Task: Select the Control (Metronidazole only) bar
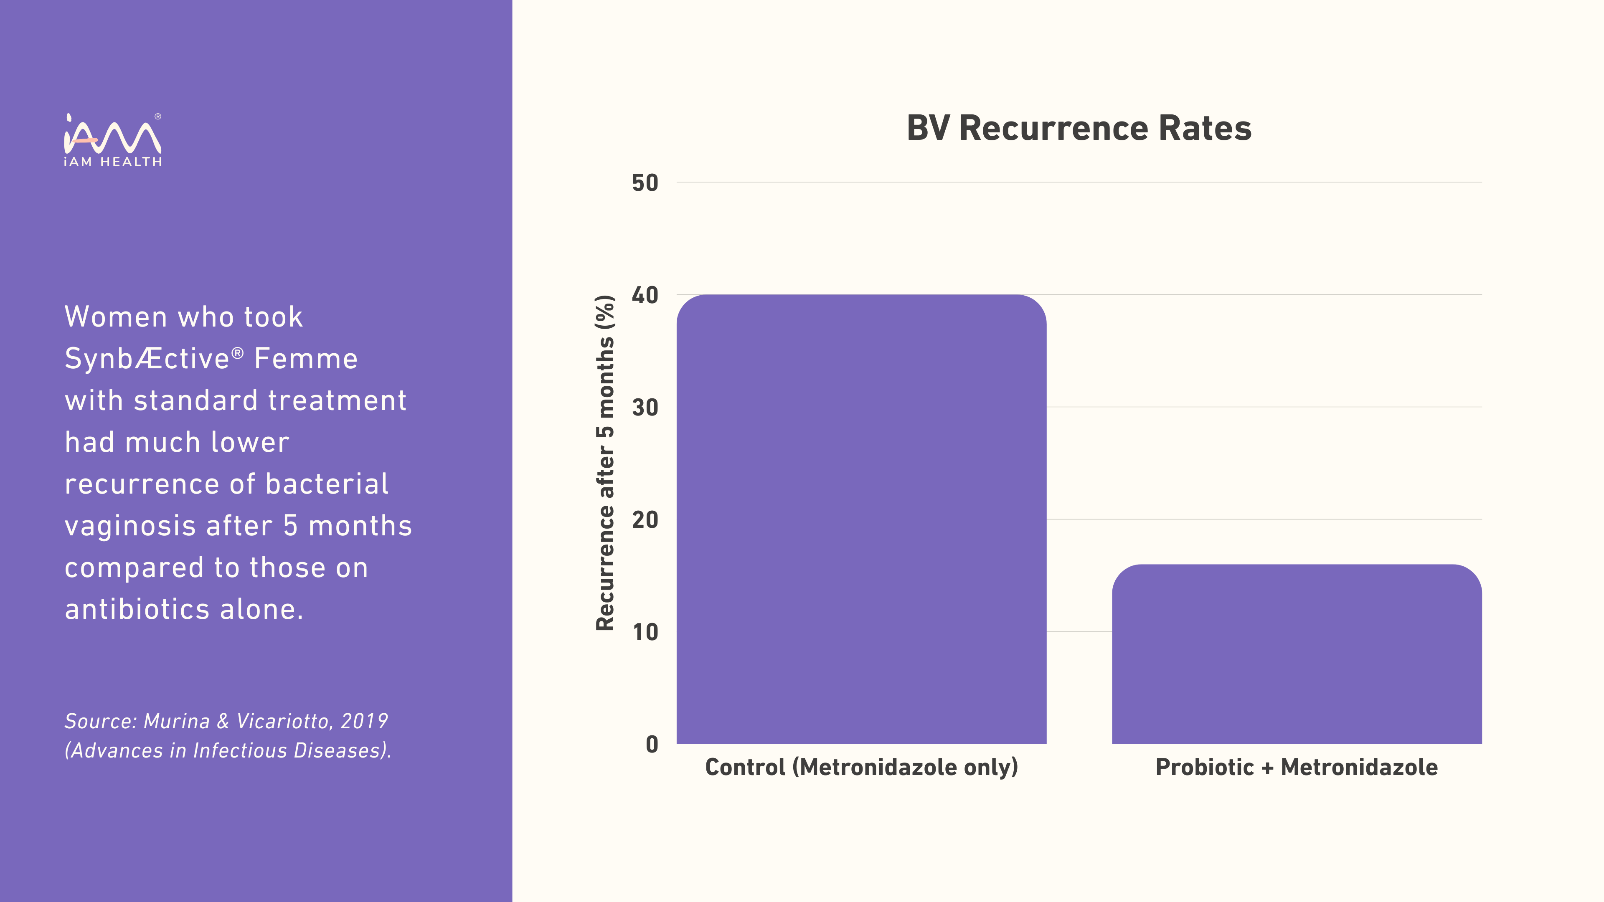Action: point(861,519)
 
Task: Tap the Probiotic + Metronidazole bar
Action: point(1297,654)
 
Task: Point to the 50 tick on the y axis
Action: point(645,183)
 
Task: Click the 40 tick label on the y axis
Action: point(645,295)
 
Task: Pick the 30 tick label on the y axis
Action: point(645,408)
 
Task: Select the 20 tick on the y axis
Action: point(645,520)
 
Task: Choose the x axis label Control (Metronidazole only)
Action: point(861,767)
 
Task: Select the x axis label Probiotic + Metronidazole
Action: point(1297,767)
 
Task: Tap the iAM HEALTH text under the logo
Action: point(113,162)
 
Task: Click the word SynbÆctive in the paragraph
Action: point(147,359)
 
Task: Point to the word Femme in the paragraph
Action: point(306,359)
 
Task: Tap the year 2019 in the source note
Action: point(364,722)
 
